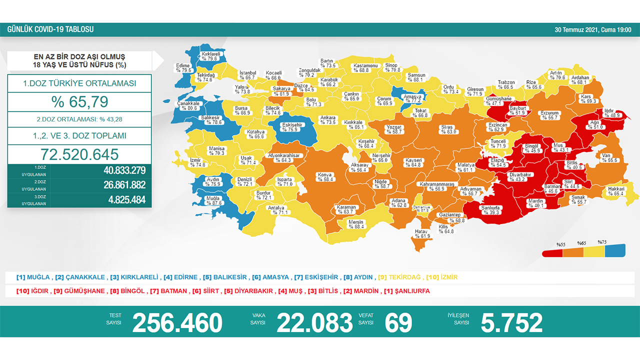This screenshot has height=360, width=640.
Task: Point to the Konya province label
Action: (324, 177)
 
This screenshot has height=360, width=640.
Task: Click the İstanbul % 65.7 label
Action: (247, 75)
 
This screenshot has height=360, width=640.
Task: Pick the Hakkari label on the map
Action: (615, 191)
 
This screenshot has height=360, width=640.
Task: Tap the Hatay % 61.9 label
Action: (422, 233)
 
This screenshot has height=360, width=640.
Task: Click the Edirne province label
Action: (183, 68)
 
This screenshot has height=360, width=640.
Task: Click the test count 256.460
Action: (177, 323)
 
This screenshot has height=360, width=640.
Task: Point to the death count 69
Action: (398, 323)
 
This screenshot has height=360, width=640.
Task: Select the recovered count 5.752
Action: (511, 323)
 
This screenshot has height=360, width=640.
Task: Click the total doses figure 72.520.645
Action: (79, 154)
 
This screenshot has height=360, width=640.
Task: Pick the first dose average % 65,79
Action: (79, 101)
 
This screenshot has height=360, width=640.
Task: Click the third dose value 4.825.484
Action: (124, 200)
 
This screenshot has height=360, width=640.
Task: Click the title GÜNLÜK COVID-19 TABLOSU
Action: (50, 29)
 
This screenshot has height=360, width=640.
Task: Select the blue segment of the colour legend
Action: (615, 251)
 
